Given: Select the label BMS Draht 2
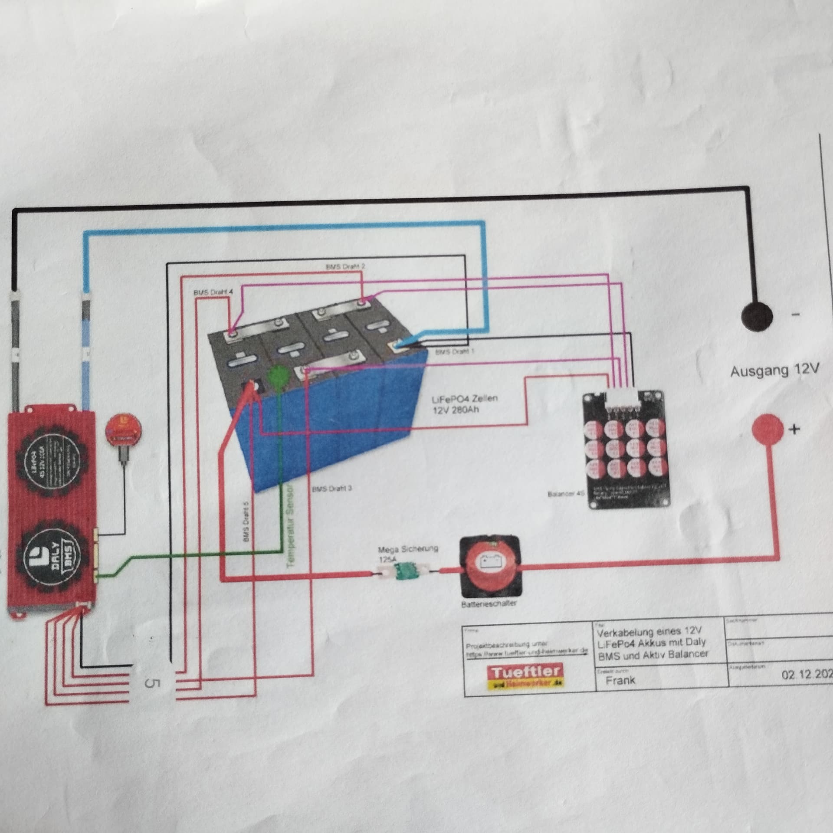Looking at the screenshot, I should click(345, 266).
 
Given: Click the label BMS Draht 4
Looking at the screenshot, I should click(213, 293).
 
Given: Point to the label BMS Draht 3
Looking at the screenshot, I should click(332, 489).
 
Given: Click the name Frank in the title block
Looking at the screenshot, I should click(620, 680).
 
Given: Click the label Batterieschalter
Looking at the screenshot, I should click(489, 603).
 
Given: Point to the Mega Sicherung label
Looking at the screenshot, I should click(408, 549).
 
